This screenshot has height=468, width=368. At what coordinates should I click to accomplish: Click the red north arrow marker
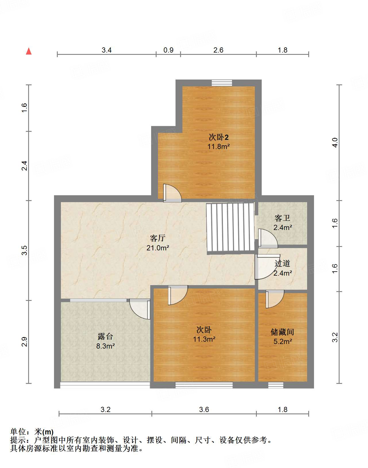[29, 51]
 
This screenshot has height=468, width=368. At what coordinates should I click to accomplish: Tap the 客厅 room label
[158, 238]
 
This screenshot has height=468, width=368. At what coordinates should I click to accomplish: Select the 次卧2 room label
[219, 137]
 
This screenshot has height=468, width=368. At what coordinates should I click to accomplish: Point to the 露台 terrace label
[105, 336]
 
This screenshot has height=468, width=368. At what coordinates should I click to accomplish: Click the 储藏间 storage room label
[282, 332]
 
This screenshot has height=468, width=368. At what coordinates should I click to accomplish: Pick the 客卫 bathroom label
[282, 218]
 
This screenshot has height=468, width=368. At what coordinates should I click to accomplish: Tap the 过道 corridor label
[282, 263]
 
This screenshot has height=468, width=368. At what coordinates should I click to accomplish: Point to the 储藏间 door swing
[274, 299]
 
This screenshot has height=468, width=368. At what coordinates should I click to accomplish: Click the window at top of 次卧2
[222, 83]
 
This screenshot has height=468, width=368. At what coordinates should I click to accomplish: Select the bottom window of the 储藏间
[276, 385]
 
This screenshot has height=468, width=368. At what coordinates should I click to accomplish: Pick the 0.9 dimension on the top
[168, 50]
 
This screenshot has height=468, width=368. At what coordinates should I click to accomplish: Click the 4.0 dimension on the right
[335, 143]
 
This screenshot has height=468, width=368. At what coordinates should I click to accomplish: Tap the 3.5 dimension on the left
[25, 250]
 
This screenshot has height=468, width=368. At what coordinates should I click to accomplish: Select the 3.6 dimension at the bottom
[204, 410]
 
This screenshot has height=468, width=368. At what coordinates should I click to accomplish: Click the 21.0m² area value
[158, 248]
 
